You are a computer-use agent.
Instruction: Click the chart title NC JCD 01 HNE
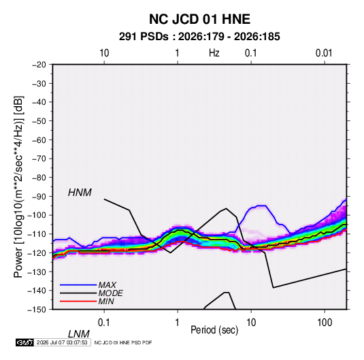tap(199, 19)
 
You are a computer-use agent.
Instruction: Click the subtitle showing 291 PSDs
tap(199, 37)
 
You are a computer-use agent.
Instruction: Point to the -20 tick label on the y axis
tap(39, 65)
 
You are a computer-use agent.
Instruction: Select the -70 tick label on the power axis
tap(39, 159)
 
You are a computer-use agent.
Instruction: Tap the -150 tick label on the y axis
tap(37, 310)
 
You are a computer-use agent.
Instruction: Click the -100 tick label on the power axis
tap(37, 215)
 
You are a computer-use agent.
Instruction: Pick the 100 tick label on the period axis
tap(325, 322)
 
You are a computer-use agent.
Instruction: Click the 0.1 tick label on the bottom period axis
tap(104, 322)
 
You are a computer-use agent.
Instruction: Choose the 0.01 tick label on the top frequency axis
tap(324, 53)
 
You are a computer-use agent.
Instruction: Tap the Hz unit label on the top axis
tap(214, 53)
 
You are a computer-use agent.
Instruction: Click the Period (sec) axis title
tap(214, 330)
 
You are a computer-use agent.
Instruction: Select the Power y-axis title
tap(18, 187)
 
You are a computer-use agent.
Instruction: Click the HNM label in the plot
tap(80, 193)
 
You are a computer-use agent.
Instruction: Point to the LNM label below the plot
tap(78, 334)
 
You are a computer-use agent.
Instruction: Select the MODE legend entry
tap(91, 293)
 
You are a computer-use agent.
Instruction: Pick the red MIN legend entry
tap(87, 301)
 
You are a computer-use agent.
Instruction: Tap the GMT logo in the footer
tap(24, 342)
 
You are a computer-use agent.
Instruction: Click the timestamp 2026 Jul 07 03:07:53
tap(62, 342)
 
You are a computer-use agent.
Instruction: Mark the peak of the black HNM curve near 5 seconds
tap(226, 208)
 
